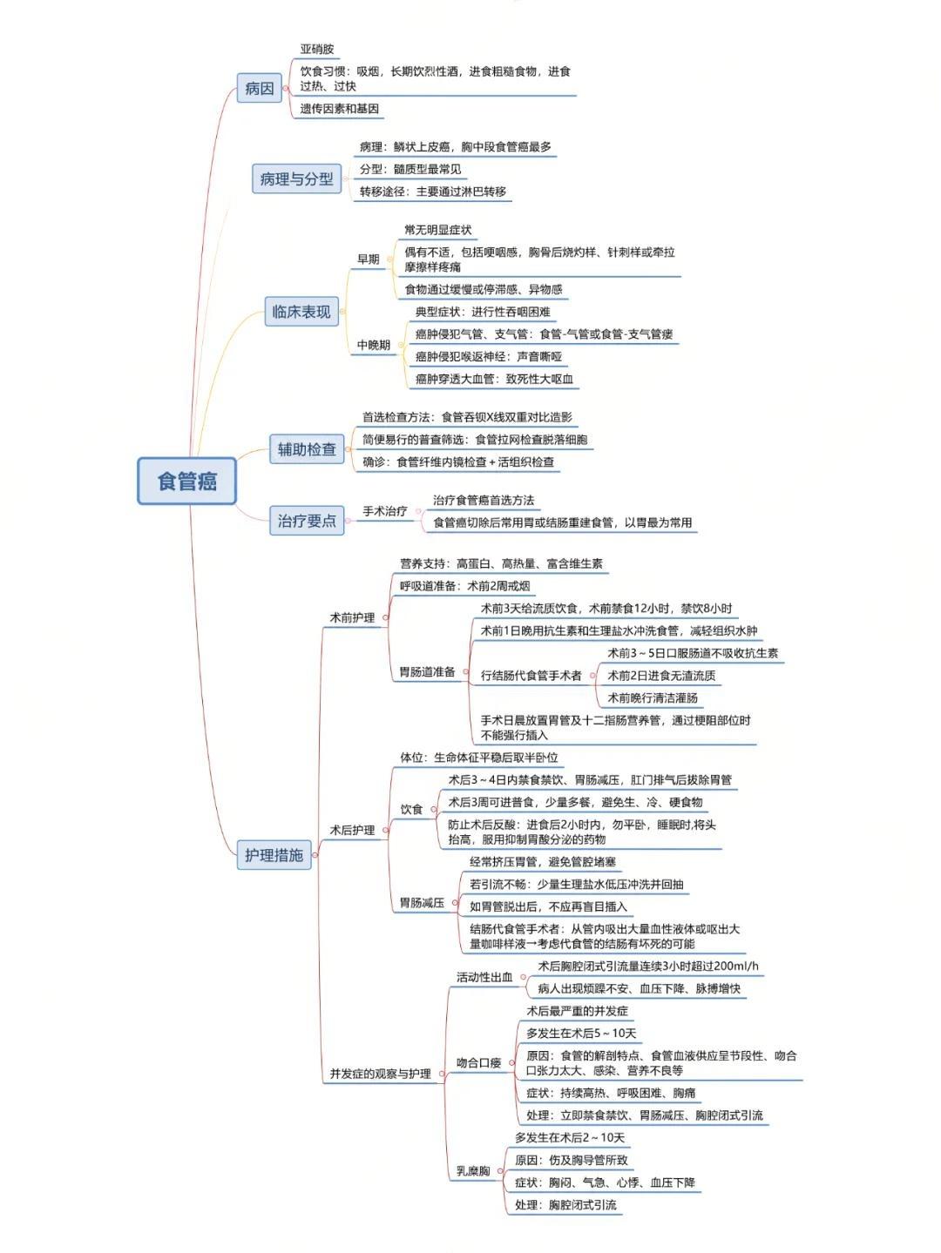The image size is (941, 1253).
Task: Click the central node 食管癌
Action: click(x=186, y=481)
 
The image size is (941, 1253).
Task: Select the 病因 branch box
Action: click(x=259, y=88)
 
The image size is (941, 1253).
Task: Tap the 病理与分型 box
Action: click(x=296, y=179)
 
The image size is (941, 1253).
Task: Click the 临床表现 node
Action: click(x=301, y=311)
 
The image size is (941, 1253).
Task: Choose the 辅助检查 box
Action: click(x=306, y=449)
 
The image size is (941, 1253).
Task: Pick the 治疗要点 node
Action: click(x=306, y=521)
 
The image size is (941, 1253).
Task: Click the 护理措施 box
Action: click(x=274, y=854)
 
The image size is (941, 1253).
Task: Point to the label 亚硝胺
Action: click(x=317, y=50)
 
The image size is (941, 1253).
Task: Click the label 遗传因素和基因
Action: click(x=339, y=109)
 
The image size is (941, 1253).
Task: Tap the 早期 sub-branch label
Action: click(x=368, y=259)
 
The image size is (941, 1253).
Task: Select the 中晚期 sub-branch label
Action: click(x=373, y=345)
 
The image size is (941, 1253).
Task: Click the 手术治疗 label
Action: click(x=384, y=511)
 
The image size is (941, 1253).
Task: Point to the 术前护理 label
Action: click(x=351, y=617)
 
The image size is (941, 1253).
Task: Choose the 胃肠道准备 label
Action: click(x=426, y=672)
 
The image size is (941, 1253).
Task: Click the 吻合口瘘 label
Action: click(x=478, y=1062)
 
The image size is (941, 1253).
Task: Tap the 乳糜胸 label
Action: click(x=473, y=1171)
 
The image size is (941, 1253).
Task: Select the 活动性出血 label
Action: click(x=484, y=977)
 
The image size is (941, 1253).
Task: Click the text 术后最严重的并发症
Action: click(x=577, y=1011)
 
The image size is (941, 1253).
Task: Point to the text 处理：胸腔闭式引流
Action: click(x=565, y=1205)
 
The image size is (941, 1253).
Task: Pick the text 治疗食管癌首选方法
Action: click(x=484, y=500)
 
